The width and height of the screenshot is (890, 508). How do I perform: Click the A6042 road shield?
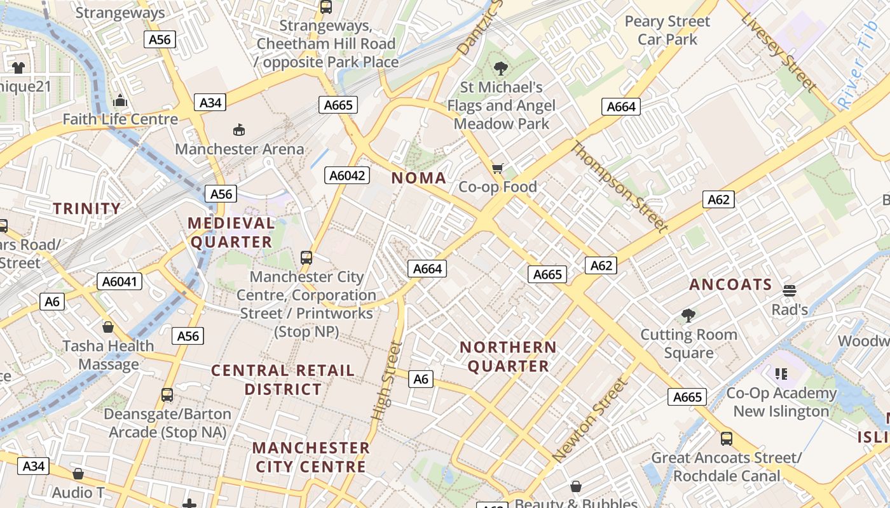coord(347,175)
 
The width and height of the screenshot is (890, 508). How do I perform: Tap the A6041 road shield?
coord(120,281)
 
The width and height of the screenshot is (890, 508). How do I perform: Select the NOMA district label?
coord(418,178)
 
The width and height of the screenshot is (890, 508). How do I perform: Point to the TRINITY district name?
coord(86,208)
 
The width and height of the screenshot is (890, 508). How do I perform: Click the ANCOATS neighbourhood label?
coord(730,284)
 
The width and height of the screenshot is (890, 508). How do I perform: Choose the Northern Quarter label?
coord(508,356)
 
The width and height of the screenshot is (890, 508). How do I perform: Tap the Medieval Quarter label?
coord(231,232)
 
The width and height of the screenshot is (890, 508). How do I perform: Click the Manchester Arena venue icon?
coord(239,130)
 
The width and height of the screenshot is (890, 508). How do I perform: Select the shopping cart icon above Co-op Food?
coord(498,168)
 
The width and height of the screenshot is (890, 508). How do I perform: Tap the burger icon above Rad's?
coord(790,291)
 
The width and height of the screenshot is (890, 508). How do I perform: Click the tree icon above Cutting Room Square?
coord(688,315)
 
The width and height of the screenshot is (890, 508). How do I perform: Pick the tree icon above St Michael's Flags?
coord(501,68)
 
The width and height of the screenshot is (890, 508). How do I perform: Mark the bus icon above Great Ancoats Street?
coord(726,438)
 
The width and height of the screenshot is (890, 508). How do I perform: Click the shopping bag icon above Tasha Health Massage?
coord(108,327)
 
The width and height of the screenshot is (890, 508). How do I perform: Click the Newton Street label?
coord(591,420)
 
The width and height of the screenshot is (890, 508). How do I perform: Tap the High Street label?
coord(387,381)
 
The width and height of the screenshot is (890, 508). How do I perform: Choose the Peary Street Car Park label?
coord(667,30)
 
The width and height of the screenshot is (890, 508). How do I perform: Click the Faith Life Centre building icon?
coord(120,101)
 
